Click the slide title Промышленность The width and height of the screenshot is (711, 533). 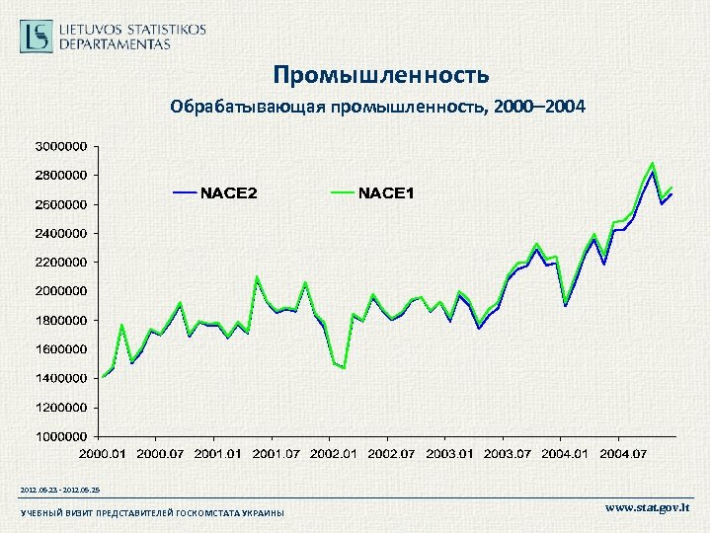[x=380, y=75]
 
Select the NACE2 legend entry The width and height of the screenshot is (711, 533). [x=215, y=192]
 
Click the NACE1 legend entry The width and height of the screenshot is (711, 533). [x=372, y=192]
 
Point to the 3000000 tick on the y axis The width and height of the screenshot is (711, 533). [x=61, y=146]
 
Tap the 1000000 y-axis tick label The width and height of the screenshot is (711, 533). [x=61, y=435]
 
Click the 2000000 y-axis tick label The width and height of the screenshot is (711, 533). [x=61, y=291]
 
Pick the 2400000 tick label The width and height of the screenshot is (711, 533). [x=61, y=233]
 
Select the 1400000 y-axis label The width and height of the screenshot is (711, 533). [x=61, y=378]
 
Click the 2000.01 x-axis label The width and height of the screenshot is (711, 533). [x=104, y=453]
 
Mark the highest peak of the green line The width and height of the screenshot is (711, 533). [x=652, y=163]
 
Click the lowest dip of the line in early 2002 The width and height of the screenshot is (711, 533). [x=344, y=368]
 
